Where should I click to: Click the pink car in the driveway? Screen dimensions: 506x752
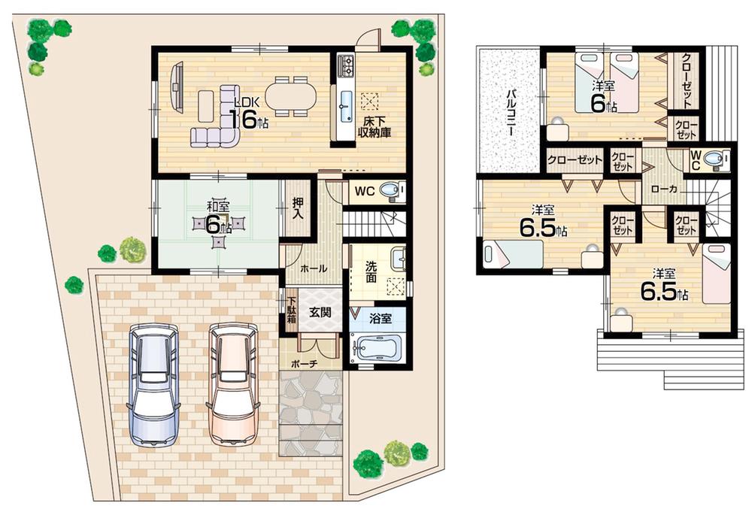pos(233,385)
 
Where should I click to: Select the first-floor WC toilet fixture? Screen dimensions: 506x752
pos(389,192)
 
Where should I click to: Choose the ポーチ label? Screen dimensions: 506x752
pos(308,363)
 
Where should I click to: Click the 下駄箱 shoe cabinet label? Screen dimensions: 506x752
pos(291,307)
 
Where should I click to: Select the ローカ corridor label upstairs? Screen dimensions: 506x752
pos(664,190)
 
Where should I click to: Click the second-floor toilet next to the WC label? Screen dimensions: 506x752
pos(719,159)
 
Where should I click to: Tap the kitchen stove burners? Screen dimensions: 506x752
pos(347,65)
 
